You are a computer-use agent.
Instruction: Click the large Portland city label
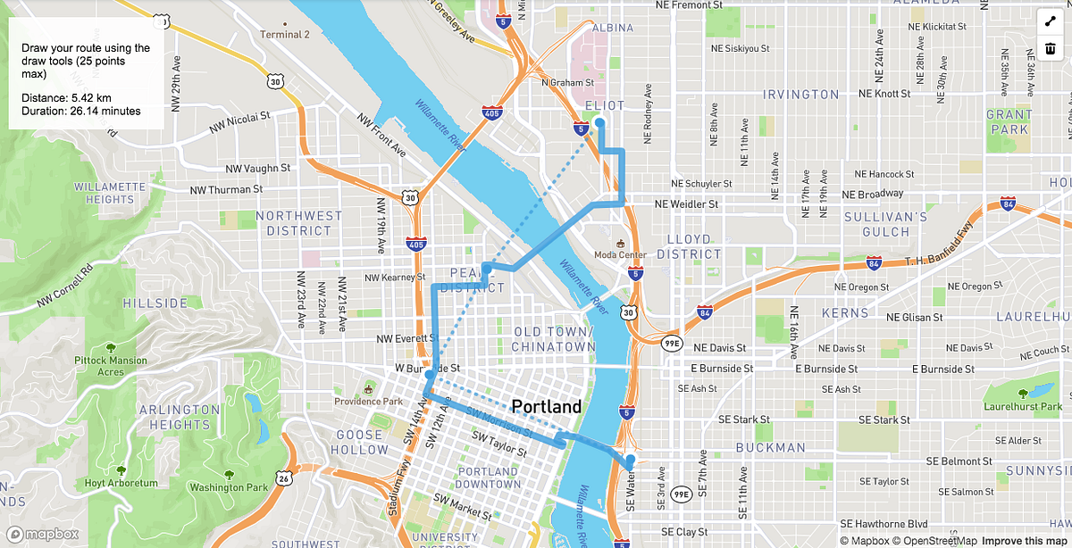point(546,406)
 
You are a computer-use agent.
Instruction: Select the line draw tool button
point(1050,21)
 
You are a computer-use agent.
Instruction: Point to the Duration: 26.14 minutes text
point(81,111)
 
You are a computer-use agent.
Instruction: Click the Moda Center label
point(620,254)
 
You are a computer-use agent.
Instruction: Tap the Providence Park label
point(369,401)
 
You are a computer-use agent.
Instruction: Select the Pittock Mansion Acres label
point(111,366)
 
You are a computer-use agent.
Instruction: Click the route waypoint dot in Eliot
point(599,123)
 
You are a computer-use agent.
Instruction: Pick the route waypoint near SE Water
point(631,460)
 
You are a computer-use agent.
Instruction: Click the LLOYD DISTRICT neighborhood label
point(689,246)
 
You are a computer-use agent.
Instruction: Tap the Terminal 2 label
point(284,35)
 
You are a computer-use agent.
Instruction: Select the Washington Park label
point(229,487)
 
